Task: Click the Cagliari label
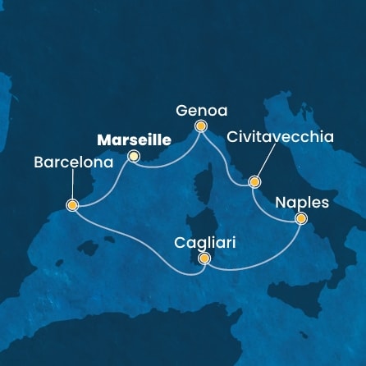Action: coord(203,243)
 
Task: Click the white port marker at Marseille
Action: coord(134,156)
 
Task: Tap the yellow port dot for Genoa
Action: coord(200,126)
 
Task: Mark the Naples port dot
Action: coord(301,218)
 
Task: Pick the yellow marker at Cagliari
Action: coord(204,259)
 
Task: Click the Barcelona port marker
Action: coord(72,205)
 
